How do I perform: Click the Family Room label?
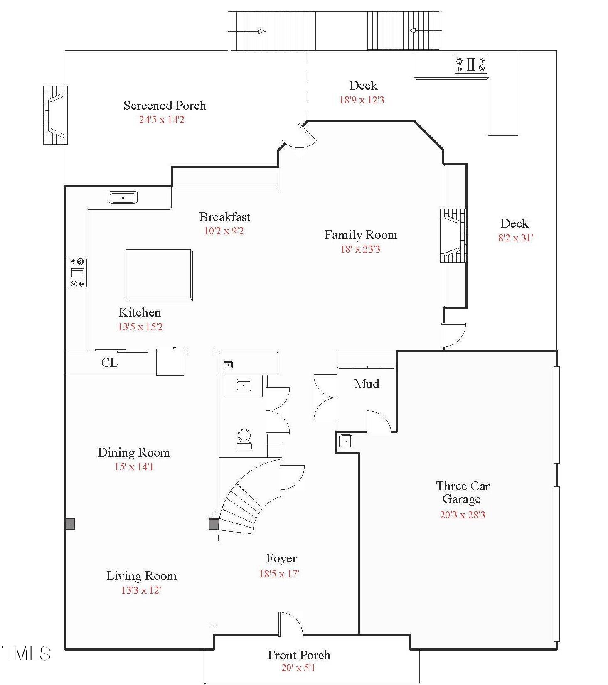pyautogui.click(x=361, y=235)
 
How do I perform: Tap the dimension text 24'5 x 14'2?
pyautogui.click(x=162, y=120)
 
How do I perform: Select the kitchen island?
pyautogui.click(x=159, y=275)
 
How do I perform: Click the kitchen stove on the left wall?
pyautogui.click(x=77, y=273)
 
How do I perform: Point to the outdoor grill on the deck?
pyautogui.click(x=470, y=64)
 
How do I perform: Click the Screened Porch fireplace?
pyautogui.click(x=56, y=115)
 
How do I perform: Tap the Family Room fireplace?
pyautogui.click(x=453, y=236)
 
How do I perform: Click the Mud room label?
pyautogui.click(x=367, y=383)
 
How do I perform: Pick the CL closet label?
pyautogui.click(x=109, y=363)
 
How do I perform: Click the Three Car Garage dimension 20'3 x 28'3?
pyautogui.click(x=463, y=515)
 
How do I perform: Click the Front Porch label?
pyautogui.click(x=299, y=655)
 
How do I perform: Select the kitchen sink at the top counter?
pyautogui.click(x=123, y=197)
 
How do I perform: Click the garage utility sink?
pyautogui.click(x=345, y=441)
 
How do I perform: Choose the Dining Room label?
pyautogui.click(x=134, y=452)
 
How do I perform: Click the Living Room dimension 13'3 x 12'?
pyautogui.click(x=141, y=590)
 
